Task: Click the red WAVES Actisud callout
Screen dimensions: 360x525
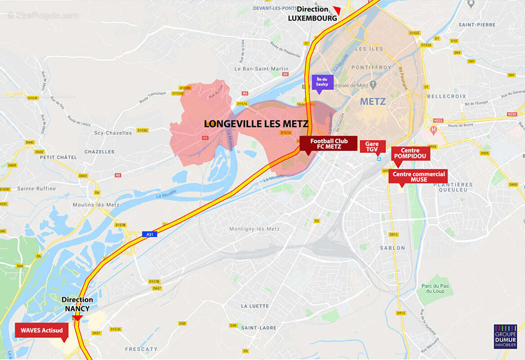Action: [x=41, y=330]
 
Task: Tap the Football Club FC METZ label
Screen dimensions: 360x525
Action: [x=328, y=143]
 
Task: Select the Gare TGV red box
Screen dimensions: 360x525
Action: [x=372, y=146]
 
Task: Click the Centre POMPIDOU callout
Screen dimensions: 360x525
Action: [x=410, y=153]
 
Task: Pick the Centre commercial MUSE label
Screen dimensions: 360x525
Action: [x=418, y=177]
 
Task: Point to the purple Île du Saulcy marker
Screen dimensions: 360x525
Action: [x=322, y=82]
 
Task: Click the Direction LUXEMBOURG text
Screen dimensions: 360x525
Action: [x=312, y=14]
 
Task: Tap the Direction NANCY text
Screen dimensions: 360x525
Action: [x=77, y=304]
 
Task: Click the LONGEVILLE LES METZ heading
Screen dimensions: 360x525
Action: [x=256, y=124]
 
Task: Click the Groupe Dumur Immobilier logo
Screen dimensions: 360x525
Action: [x=505, y=337]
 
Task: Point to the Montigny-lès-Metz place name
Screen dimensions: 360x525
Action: [x=254, y=229]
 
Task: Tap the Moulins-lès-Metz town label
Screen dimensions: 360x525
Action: [x=95, y=205]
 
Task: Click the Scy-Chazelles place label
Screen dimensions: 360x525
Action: [x=113, y=133]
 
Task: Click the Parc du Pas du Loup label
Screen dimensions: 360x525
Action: [x=435, y=288]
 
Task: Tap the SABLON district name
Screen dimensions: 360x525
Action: [x=392, y=248]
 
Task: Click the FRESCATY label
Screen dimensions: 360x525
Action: [x=141, y=349]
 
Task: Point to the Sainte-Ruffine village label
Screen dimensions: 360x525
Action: [x=36, y=189]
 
